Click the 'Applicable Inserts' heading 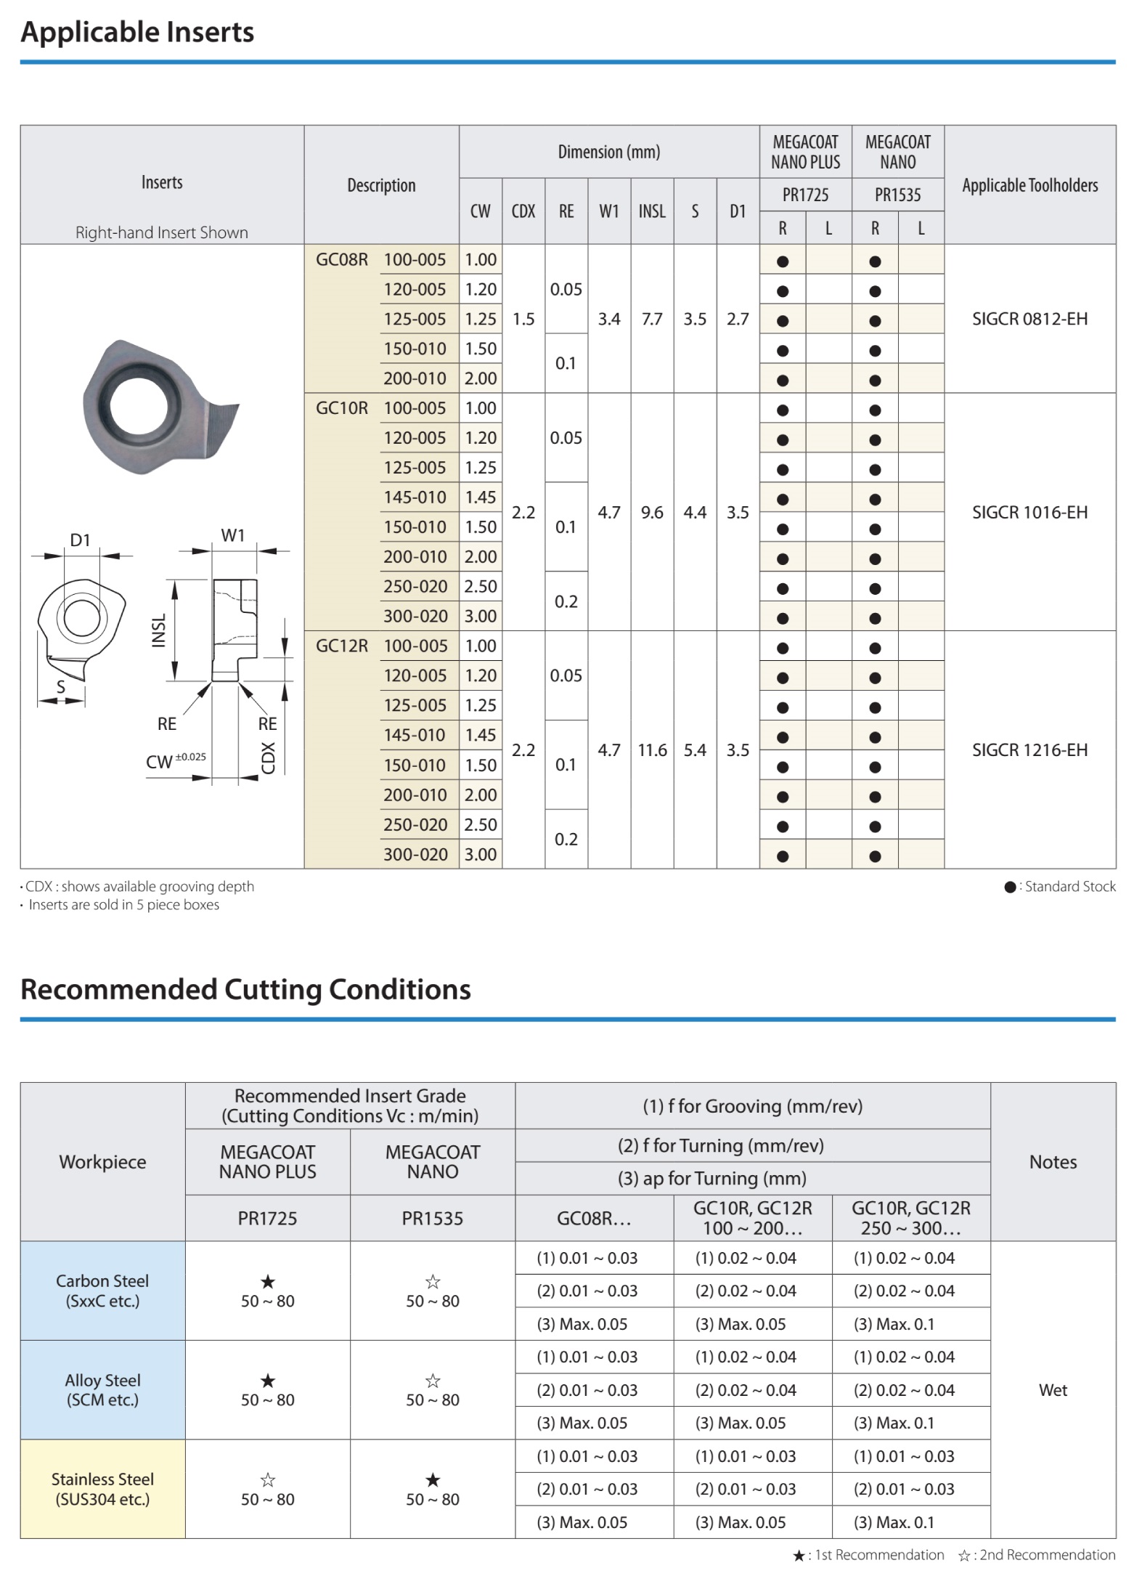tap(137, 33)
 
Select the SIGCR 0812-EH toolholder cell tap(1029, 319)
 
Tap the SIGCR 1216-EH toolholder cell tap(1029, 750)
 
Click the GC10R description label tap(341, 408)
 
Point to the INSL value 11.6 tap(652, 750)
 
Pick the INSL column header tap(652, 211)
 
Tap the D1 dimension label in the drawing tap(80, 540)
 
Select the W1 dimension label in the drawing tap(233, 536)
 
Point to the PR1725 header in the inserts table tap(805, 195)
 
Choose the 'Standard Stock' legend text tap(1069, 887)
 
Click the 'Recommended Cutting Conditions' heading tap(245, 990)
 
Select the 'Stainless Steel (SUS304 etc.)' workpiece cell tap(102, 1489)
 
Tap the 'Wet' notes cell tap(1053, 1390)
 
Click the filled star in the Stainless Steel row tap(433, 1479)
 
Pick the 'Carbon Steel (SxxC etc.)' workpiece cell tap(102, 1291)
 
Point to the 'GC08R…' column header tap(594, 1219)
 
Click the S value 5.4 tap(695, 750)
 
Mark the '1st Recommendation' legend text tap(879, 1556)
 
